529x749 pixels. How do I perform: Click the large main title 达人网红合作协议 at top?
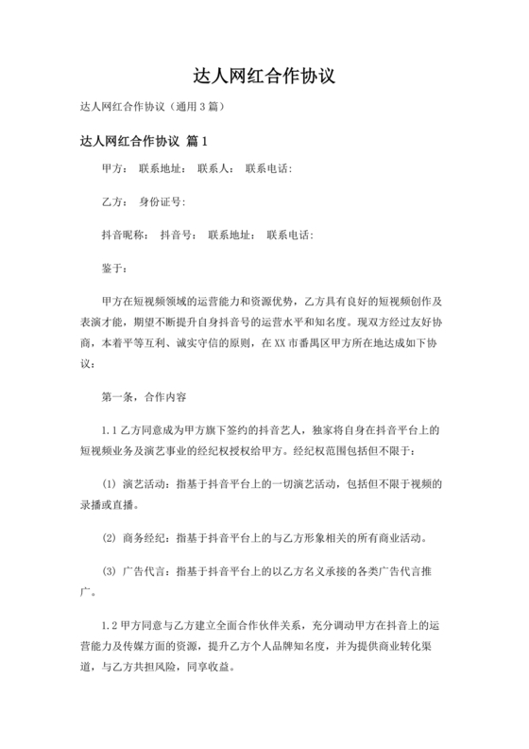click(264, 75)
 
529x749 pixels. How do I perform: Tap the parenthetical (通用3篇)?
click(195, 107)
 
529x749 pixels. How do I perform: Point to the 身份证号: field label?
click(162, 201)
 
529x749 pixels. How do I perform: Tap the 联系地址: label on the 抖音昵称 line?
click(231, 235)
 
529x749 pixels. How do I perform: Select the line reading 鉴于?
click(114, 268)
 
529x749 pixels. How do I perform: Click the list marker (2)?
click(108, 539)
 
